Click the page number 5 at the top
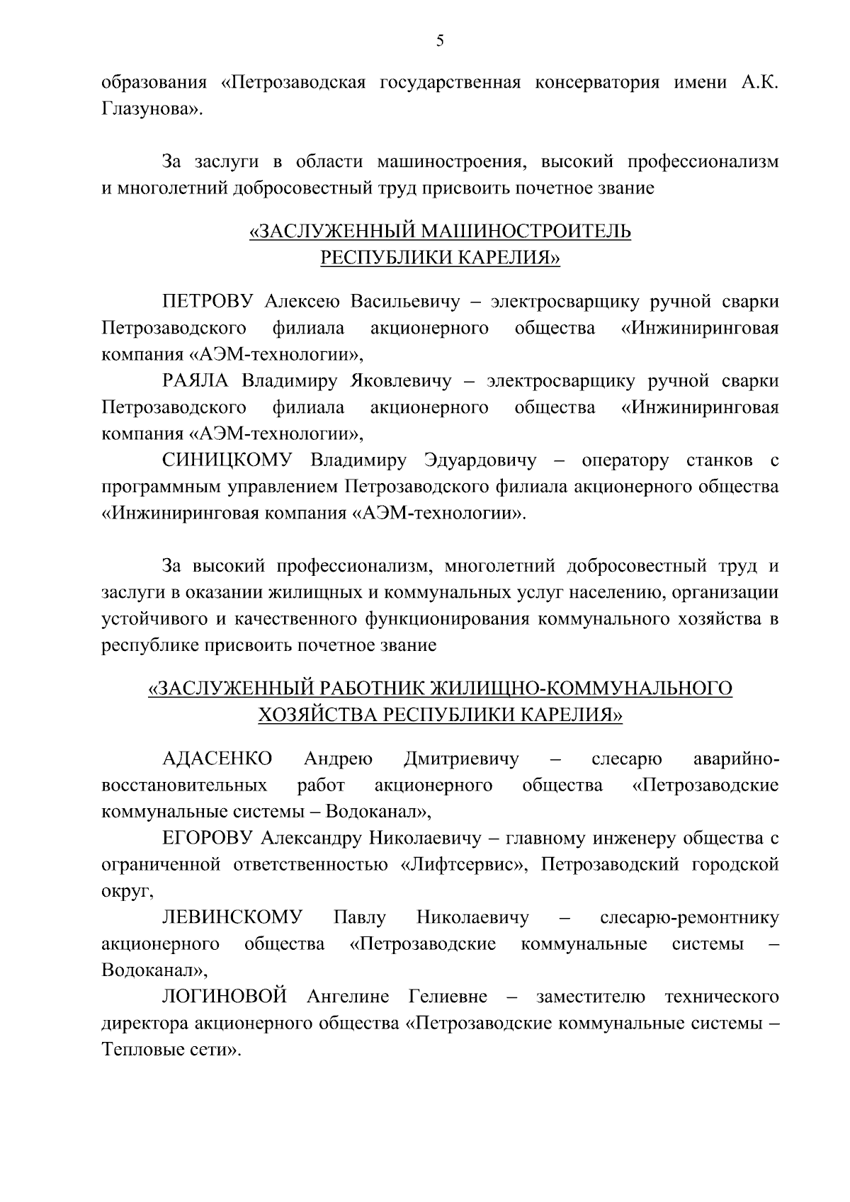[440, 41]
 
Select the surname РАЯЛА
[195, 381]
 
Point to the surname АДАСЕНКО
[217, 759]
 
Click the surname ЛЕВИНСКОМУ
[232, 918]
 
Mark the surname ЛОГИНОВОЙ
[225, 997]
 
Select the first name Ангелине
[348, 997]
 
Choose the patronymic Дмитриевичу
[460, 759]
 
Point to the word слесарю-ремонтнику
[688, 918]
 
